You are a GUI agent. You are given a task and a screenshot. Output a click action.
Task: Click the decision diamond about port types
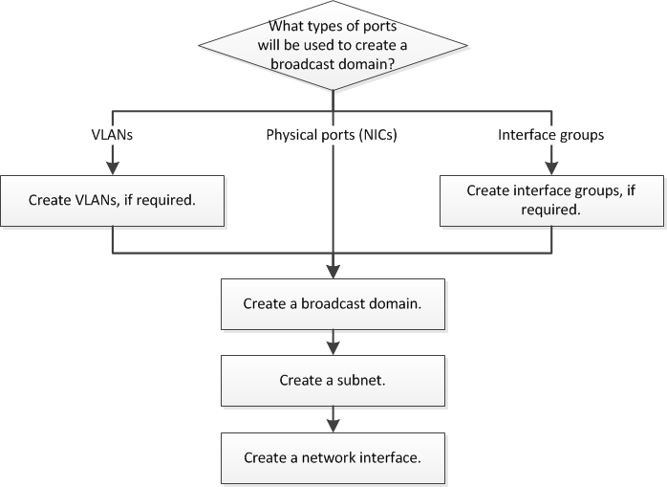coord(332,46)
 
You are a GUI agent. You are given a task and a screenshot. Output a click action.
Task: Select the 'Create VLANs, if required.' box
coord(113,202)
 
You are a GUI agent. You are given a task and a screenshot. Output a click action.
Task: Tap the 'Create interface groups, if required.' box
coord(550,199)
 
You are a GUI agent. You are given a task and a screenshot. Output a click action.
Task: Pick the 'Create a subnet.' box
coord(332,380)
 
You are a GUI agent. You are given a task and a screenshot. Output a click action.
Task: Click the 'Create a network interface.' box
coord(332,457)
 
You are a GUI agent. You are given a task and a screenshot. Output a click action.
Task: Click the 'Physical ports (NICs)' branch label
coord(332,135)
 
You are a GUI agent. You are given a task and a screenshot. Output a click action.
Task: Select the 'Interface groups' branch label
coord(550,135)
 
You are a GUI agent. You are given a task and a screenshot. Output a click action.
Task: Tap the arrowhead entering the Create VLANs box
coord(113,170)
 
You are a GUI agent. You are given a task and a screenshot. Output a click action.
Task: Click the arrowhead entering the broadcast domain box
coord(332,273)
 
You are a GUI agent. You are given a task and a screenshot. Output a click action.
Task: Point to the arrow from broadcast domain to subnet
coord(332,342)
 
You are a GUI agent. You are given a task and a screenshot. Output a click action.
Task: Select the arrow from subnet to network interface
coord(332,419)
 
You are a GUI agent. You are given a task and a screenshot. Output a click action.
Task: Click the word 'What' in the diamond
coord(290,28)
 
